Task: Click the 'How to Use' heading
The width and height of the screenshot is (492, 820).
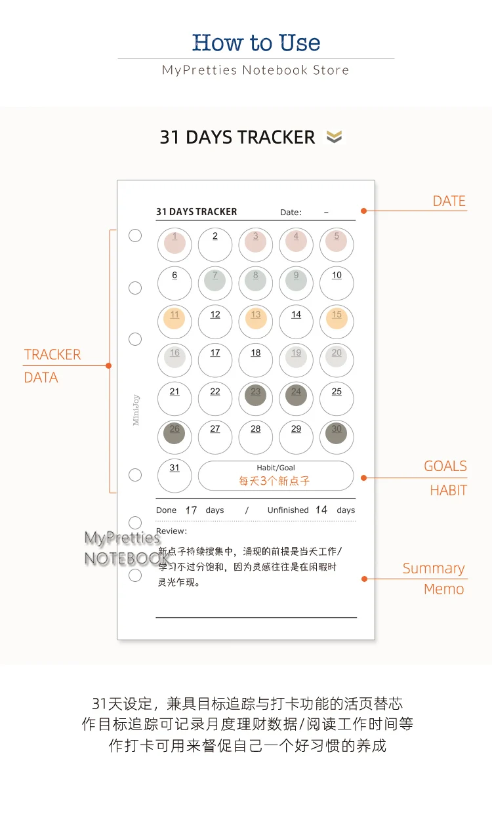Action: pyautogui.click(x=256, y=43)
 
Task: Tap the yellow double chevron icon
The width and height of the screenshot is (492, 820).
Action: pyautogui.click(x=334, y=137)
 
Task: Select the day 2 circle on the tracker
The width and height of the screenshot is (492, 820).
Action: pyautogui.click(x=215, y=245)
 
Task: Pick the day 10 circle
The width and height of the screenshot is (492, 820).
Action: pyautogui.click(x=337, y=283)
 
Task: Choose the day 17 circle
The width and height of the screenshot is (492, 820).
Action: pyautogui.click(x=215, y=360)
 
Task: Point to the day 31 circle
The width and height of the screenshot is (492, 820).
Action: pyautogui.click(x=174, y=476)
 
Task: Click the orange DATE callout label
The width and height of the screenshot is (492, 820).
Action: pyautogui.click(x=449, y=201)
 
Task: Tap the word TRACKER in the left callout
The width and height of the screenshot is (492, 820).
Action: pyautogui.click(x=52, y=354)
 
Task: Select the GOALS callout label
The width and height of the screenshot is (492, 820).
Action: pyautogui.click(x=445, y=466)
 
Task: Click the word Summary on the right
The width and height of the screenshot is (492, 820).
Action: pyautogui.click(x=434, y=568)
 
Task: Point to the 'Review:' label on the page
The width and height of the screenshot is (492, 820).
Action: pyautogui.click(x=171, y=531)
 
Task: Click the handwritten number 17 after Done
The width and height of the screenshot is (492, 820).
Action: pyautogui.click(x=191, y=510)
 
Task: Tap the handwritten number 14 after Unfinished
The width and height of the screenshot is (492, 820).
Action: pyautogui.click(x=321, y=510)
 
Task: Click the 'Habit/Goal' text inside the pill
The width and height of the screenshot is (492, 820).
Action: pyautogui.click(x=276, y=468)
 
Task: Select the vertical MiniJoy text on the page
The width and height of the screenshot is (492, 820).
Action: pyautogui.click(x=136, y=410)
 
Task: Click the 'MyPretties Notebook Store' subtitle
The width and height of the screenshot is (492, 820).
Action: pyautogui.click(x=256, y=70)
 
